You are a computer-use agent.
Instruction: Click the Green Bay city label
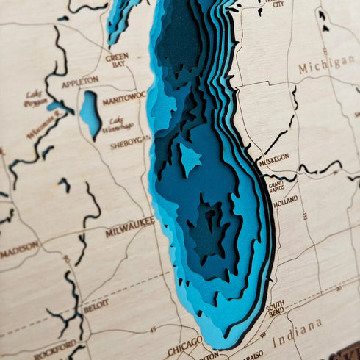click(117, 60)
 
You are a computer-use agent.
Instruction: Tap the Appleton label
click(80, 82)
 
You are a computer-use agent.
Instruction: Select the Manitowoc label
click(124, 97)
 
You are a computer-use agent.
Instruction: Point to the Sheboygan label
click(131, 145)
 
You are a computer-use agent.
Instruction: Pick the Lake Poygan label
click(35, 98)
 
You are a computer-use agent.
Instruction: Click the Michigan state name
click(326, 65)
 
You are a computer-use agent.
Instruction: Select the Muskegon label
click(274, 157)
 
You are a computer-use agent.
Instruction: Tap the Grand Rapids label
click(276, 184)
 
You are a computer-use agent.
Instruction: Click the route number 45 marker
click(153, 329)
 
